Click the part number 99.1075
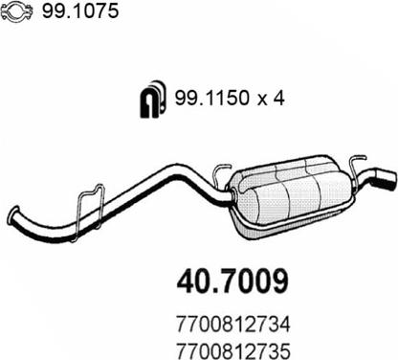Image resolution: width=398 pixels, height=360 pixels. tap(80, 11)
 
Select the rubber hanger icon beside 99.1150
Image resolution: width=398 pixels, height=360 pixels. tap(153, 100)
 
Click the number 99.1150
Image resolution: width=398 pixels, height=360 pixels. tap(211, 98)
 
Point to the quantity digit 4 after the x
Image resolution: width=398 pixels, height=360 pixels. tap(278, 98)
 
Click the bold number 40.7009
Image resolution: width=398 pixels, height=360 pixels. tap(232, 281)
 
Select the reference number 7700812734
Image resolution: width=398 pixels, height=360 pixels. tap(233, 325)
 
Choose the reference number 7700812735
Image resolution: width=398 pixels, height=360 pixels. tap(233, 350)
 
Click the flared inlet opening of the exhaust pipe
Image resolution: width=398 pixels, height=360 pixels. tap(13, 214)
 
